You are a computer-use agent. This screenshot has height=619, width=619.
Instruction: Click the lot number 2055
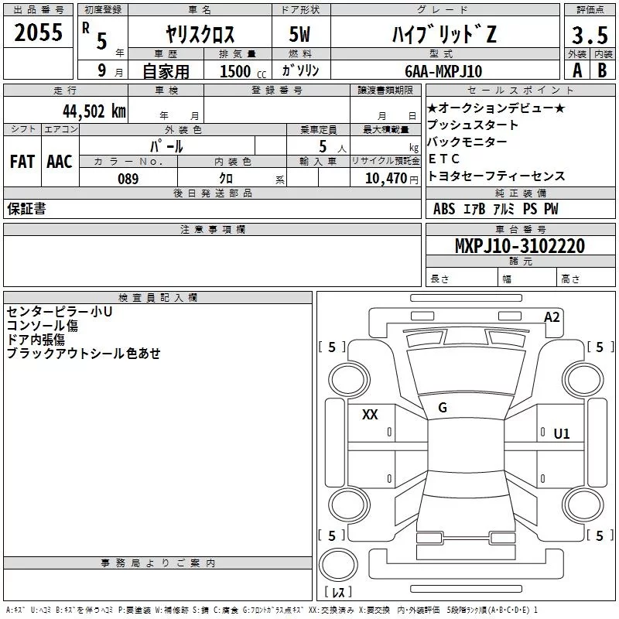pos(38,33)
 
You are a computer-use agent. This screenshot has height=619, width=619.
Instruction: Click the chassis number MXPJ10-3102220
pos(519,246)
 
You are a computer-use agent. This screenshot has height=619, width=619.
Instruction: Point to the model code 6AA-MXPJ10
pos(443,70)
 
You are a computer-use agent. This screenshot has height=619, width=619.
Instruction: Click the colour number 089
pos(128,179)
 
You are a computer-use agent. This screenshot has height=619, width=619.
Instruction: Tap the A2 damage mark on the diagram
pos(552,316)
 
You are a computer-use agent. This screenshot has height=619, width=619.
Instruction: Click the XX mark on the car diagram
pos(371,414)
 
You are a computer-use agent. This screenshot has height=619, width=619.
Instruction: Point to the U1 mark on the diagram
pos(561,433)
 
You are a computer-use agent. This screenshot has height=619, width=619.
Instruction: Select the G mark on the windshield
pos(442,408)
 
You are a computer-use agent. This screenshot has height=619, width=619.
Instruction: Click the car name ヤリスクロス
pos(200,34)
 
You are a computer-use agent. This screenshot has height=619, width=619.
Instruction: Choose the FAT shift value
pos(22,162)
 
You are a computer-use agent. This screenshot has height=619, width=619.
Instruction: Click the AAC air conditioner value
pos(59,162)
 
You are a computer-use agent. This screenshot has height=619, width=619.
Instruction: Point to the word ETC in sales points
pos(444,159)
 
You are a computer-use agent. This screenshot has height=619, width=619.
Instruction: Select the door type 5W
pos(300,34)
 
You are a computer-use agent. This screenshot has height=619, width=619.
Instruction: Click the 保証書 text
pos(26,209)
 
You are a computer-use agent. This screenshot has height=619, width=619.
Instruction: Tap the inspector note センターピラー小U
pos(60,312)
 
